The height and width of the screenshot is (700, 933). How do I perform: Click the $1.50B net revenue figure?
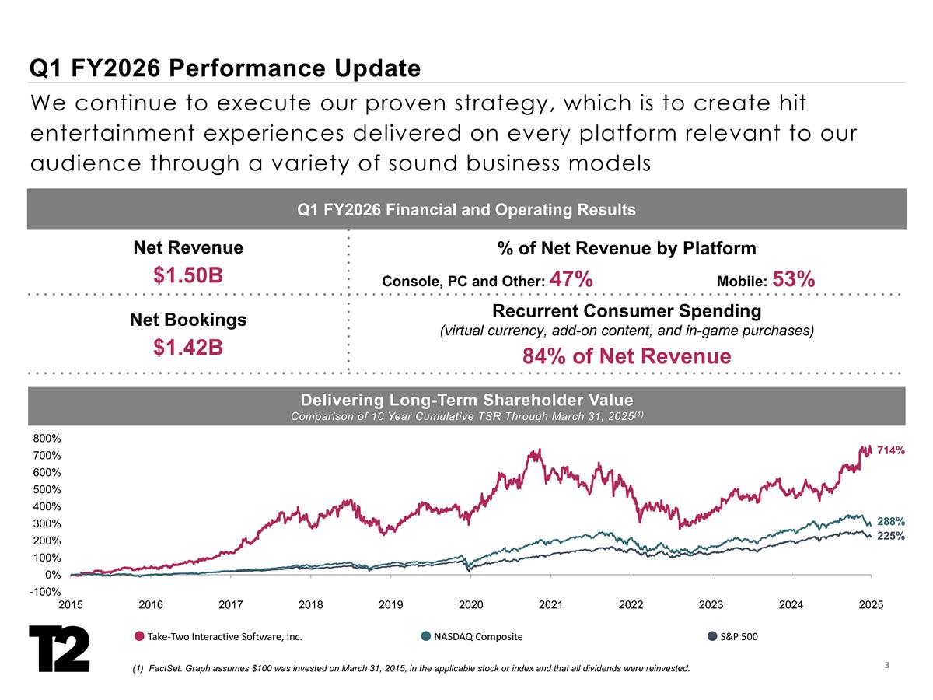[188, 275]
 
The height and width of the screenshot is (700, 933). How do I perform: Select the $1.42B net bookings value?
[188, 348]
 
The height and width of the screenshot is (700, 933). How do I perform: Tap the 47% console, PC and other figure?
[571, 278]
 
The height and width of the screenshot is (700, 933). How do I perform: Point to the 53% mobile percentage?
[794, 278]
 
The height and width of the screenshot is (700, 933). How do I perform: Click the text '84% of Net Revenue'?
[627, 356]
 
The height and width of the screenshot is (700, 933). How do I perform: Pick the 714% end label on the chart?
[891, 450]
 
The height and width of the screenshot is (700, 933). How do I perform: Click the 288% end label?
[891, 521]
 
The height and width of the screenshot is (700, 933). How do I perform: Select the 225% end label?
[891, 536]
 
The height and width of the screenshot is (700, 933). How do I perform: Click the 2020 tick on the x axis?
[470, 604]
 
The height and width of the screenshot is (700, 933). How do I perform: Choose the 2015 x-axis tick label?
[71, 604]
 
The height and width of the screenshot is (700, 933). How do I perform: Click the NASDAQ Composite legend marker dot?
[425, 637]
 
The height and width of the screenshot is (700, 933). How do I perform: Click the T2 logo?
[59, 647]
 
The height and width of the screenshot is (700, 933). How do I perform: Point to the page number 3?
[886, 665]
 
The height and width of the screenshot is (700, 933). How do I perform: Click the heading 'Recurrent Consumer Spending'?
[627, 311]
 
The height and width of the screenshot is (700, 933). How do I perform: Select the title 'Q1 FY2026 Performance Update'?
[225, 68]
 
